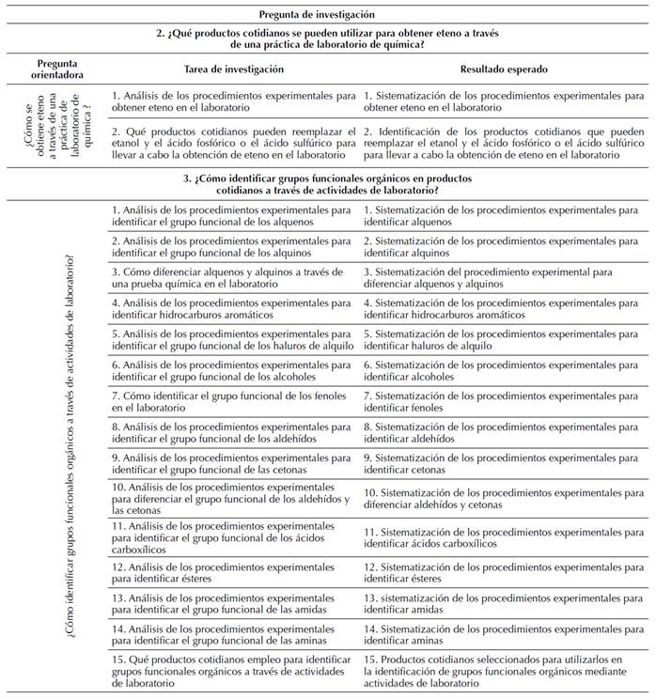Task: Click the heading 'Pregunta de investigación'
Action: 328,14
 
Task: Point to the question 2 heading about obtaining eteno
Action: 328,39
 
